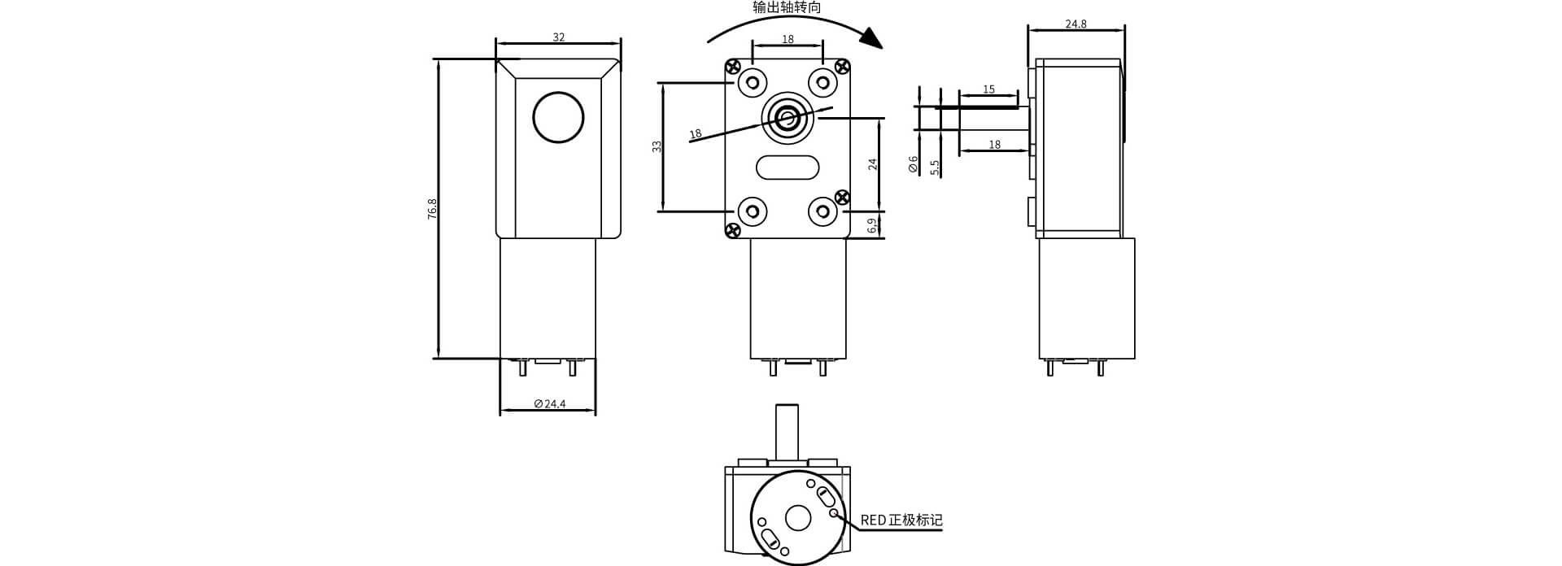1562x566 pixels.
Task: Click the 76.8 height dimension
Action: click(432, 208)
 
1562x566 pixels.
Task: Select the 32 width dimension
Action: click(559, 37)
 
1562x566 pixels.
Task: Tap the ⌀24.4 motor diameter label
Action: click(550, 403)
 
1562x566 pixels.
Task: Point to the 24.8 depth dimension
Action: click(1076, 24)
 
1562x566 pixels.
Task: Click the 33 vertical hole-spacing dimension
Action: click(657, 146)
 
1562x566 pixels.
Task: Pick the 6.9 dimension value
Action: click(871, 225)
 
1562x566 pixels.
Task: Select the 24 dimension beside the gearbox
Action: click(873, 163)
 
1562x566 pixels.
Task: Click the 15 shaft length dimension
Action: click(988, 89)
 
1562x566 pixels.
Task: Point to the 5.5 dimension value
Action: click(935, 167)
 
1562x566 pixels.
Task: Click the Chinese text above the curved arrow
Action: click(787, 7)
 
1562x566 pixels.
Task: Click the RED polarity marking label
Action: click(901, 520)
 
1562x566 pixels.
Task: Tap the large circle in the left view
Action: click(558, 117)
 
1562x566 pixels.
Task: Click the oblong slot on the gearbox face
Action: click(787, 168)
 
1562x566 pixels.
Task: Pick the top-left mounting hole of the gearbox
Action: click(751, 82)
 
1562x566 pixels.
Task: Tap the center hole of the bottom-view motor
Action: click(798, 518)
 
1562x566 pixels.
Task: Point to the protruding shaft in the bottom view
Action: click(787, 430)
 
